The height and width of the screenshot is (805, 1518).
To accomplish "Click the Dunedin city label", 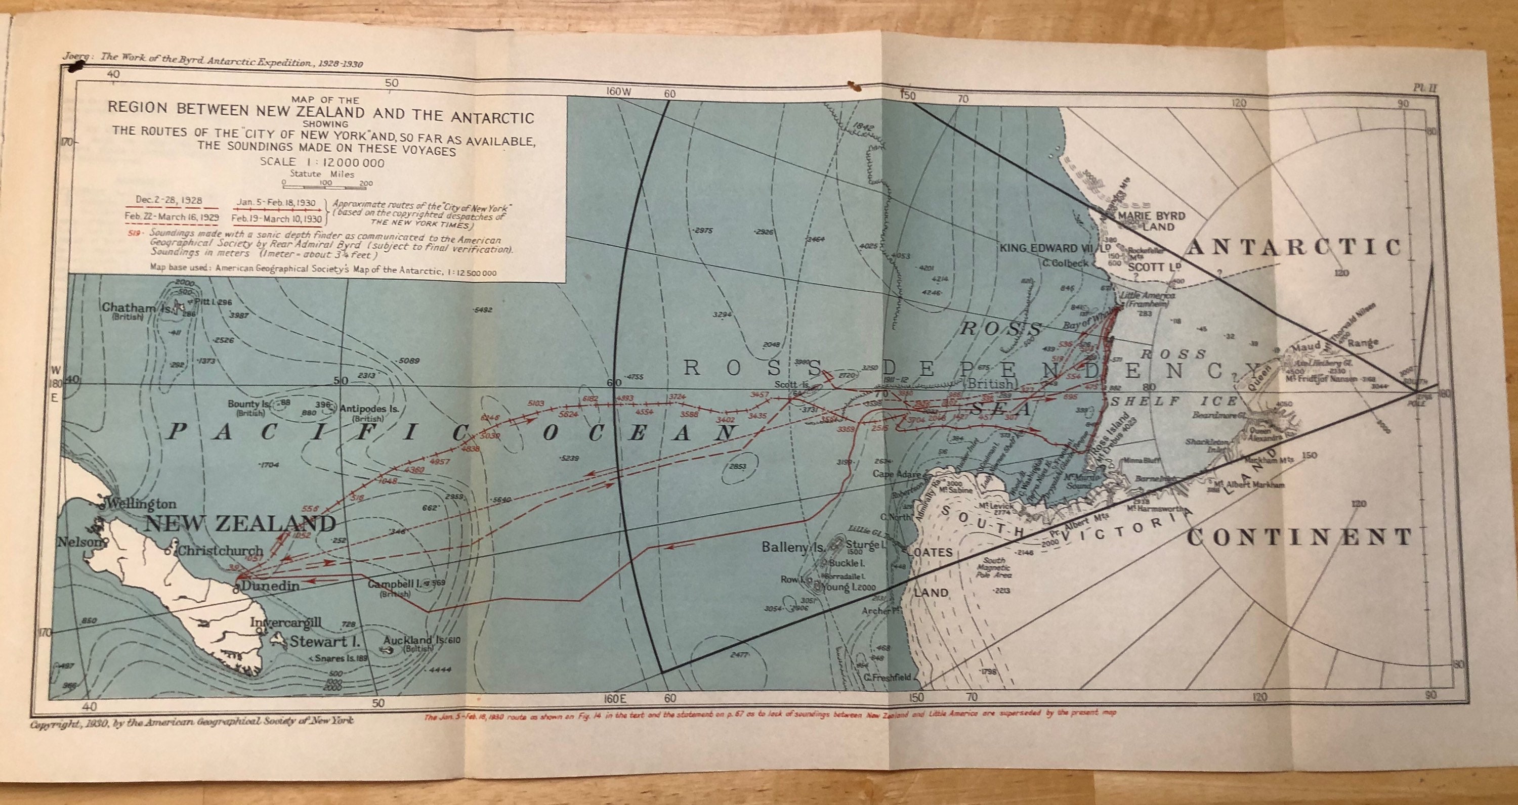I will tap(270, 586).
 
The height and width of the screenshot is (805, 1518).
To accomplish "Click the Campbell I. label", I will tap(394, 584).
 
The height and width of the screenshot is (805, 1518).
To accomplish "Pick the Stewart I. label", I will tap(324, 641).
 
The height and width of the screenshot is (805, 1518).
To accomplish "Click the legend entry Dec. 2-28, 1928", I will tap(168, 200).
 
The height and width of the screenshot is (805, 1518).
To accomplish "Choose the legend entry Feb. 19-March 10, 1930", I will tap(277, 219).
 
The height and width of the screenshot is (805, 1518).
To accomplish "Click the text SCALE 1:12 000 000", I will tap(322, 162).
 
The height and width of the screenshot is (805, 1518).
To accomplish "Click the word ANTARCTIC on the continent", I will tap(1293, 248).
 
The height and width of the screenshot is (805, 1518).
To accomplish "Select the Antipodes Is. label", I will tap(369, 408).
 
